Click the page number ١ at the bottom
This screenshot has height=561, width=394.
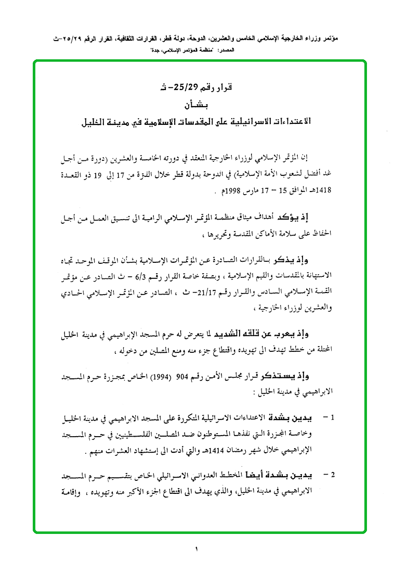197,547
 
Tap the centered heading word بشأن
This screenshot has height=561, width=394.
197,106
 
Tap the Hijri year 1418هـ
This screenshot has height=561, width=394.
338,191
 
